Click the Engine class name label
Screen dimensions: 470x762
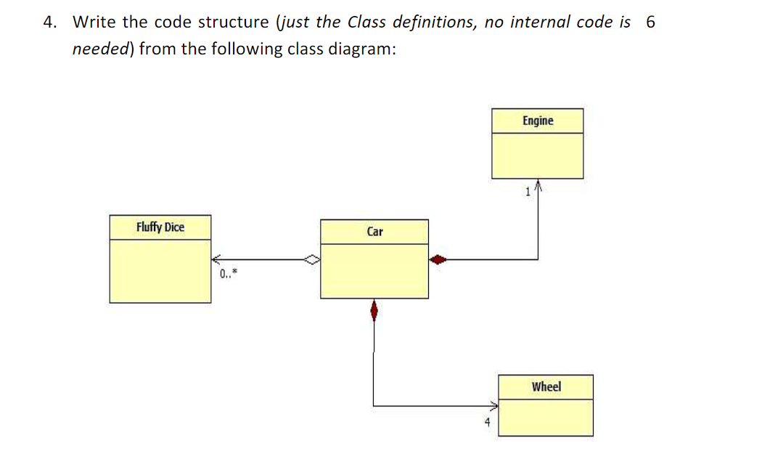(537, 121)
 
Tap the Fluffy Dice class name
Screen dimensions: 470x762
(160, 227)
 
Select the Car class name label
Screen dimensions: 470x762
(374, 232)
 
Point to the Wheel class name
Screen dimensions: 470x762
(546, 386)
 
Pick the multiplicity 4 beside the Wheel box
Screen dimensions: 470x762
(488, 421)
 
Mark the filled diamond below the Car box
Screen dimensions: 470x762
(374, 311)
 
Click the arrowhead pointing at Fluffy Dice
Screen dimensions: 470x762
(216, 259)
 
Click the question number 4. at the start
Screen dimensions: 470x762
(49, 22)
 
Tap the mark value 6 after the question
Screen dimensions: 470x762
(650, 22)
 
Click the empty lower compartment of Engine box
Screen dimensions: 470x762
(537, 155)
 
